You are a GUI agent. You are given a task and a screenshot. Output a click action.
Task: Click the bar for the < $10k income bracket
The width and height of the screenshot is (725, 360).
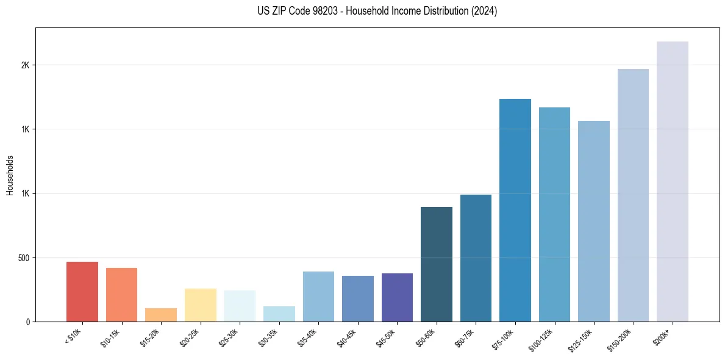82,292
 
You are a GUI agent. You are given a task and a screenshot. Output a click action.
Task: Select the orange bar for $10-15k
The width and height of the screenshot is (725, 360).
121,295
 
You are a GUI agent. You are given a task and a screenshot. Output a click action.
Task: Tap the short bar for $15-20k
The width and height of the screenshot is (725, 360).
161,315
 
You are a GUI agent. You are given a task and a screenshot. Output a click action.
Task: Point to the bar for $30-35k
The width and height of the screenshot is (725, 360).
279,314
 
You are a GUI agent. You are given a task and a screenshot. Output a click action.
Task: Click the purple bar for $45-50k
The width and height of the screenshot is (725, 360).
397,297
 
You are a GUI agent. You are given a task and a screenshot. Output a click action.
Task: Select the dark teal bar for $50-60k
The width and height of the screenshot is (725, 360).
437,264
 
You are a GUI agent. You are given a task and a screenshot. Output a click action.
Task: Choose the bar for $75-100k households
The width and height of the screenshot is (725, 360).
515,210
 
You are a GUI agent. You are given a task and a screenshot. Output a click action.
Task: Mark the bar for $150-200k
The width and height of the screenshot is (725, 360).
633,195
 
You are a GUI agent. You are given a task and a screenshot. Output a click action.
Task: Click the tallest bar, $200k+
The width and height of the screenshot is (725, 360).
673,181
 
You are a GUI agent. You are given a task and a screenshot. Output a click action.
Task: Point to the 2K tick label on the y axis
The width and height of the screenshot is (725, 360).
25,65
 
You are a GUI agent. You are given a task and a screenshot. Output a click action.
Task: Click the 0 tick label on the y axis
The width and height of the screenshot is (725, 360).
27,322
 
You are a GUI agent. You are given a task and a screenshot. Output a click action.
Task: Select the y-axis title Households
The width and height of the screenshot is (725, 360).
10,175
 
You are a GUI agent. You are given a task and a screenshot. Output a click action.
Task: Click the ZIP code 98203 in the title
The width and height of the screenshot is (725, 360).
321,11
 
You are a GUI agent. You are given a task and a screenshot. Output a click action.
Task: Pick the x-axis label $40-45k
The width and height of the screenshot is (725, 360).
347,337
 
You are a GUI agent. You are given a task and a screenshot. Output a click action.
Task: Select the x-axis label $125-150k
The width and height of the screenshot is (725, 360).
582,339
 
